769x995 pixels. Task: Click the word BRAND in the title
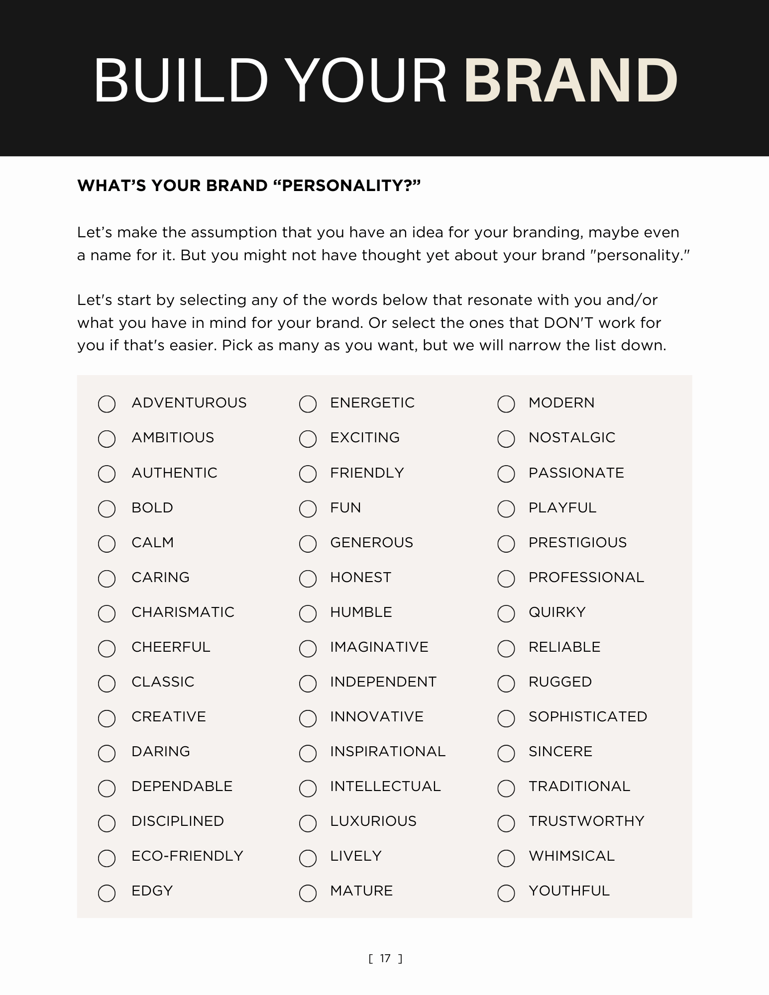point(570,81)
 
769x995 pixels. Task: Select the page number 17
point(385,958)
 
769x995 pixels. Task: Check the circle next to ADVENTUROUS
point(107,404)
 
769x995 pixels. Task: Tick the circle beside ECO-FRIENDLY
point(107,858)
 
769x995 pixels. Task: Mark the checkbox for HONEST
point(308,579)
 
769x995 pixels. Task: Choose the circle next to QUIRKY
point(506,613)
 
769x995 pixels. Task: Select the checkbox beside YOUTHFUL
point(506,893)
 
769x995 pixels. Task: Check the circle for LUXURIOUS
point(308,823)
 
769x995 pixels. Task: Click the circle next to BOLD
point(107,508)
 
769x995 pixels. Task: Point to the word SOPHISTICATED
point(588,716)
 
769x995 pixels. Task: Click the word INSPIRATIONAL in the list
point(388,751)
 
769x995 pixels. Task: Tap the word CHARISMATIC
point(183,612)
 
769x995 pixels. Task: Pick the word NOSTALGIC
point(572,437)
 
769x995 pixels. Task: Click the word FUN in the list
point(345,507)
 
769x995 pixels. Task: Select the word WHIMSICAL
point(571,856)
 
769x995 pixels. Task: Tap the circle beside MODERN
point(506,404)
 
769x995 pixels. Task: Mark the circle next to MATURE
point(308,893)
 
